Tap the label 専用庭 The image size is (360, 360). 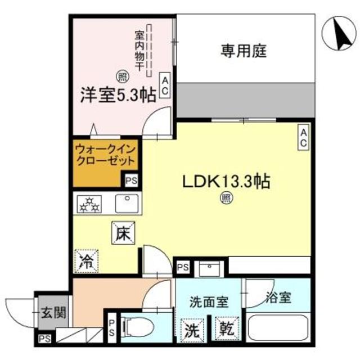[242, 52]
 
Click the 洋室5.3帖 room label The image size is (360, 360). [117, 94]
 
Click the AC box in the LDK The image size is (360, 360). [303, 138]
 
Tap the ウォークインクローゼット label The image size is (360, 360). [105, 155]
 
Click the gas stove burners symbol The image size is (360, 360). [90, 204]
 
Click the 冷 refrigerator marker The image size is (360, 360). [85, 260]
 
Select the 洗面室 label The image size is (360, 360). [209, 302]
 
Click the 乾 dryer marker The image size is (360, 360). [227, 328]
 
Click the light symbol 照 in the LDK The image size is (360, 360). [227, 198]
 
